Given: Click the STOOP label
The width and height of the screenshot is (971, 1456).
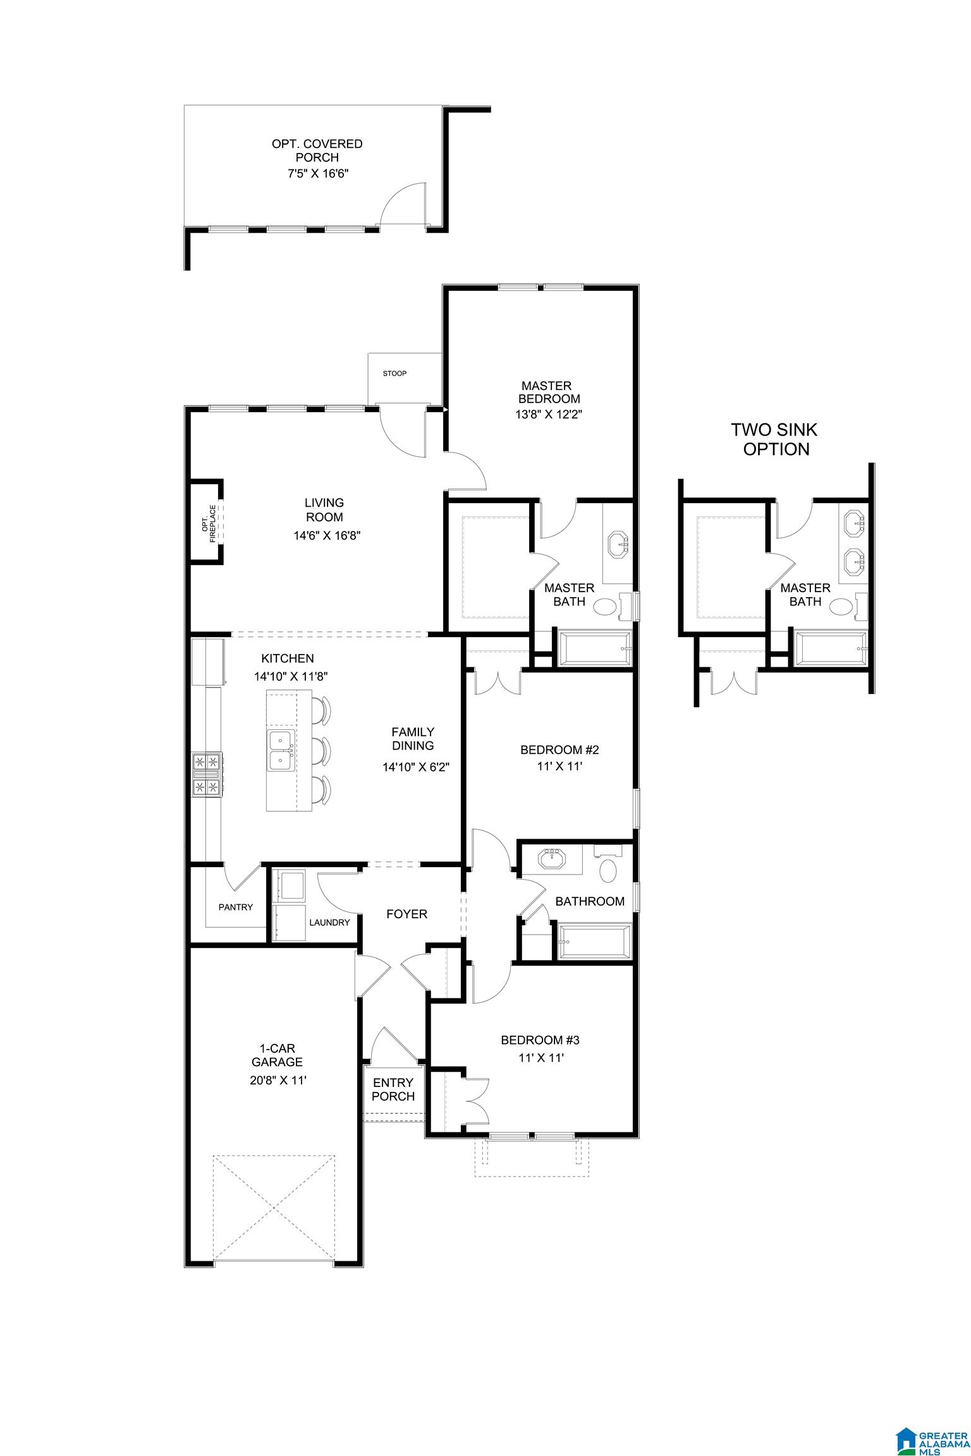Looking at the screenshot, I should (394, 373).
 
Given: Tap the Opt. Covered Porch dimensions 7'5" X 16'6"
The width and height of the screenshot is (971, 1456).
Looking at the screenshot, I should (317, 172).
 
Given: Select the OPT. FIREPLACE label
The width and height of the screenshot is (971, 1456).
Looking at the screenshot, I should (208, 522).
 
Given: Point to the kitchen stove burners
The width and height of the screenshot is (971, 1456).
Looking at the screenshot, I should (207, 773).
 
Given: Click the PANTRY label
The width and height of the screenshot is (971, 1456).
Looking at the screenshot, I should (236, 907).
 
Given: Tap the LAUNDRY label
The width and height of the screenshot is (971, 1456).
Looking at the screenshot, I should (329, 922).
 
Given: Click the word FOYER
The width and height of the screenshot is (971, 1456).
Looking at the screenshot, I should (406, 914).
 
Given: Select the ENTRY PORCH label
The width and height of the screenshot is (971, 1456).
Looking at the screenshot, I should (393, 1089).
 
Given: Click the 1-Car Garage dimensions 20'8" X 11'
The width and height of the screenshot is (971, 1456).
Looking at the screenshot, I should (278, 1080).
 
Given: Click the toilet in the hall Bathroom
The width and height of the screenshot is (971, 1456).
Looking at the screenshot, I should (608, 870).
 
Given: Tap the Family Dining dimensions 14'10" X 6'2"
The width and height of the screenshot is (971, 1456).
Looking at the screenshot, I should (416, 767).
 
